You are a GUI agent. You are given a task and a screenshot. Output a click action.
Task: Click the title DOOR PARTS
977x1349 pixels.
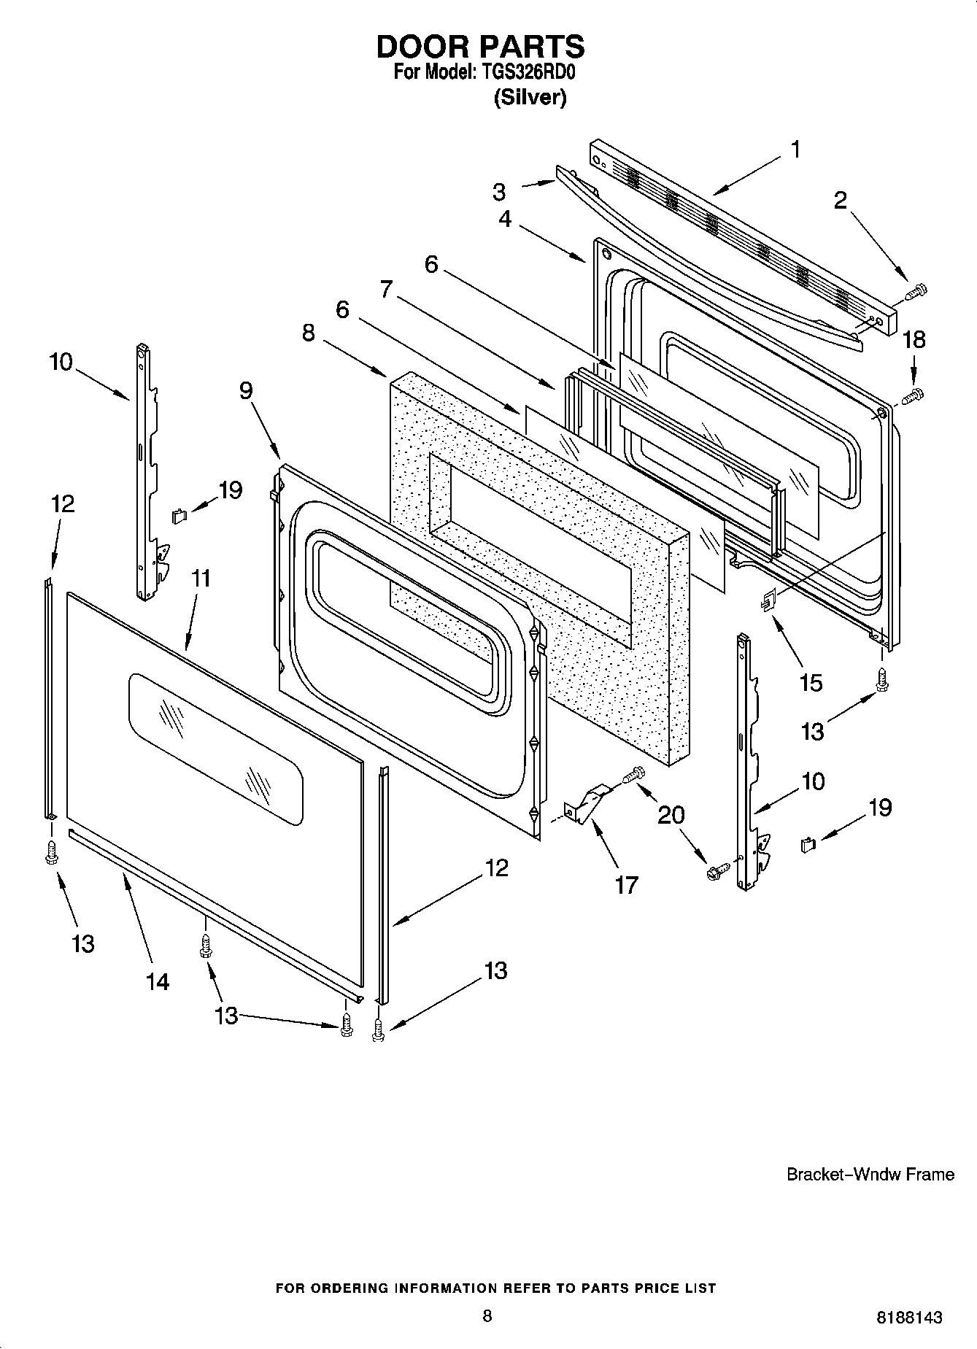tap(480, 47)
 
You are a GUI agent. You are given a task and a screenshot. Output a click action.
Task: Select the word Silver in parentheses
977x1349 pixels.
tap(530, 98)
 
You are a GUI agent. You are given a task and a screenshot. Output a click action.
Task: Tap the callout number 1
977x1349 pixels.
tap(795, 150)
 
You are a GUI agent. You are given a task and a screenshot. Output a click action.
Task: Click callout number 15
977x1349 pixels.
tap(811, 683)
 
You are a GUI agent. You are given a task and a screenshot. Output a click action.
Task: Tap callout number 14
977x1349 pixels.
tap(158, 981)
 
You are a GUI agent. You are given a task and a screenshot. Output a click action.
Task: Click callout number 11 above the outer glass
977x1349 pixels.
tap(201, 579)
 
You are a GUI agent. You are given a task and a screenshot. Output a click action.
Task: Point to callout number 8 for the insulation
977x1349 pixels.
tap(309, 333)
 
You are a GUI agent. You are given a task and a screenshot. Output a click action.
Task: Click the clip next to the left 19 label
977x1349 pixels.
tap(179, 516)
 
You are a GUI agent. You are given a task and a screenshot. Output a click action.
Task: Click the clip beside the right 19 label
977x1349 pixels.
tap(807, 845)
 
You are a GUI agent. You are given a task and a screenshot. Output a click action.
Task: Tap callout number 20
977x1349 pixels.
tap(671, 815)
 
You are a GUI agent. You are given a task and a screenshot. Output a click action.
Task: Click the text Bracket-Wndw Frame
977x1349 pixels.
tap(870, 1174)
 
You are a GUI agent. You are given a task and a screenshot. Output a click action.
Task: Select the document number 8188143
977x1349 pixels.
tap(908, 1318)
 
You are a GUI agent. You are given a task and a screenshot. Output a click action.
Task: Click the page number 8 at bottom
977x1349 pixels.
tap(487, 1315)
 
